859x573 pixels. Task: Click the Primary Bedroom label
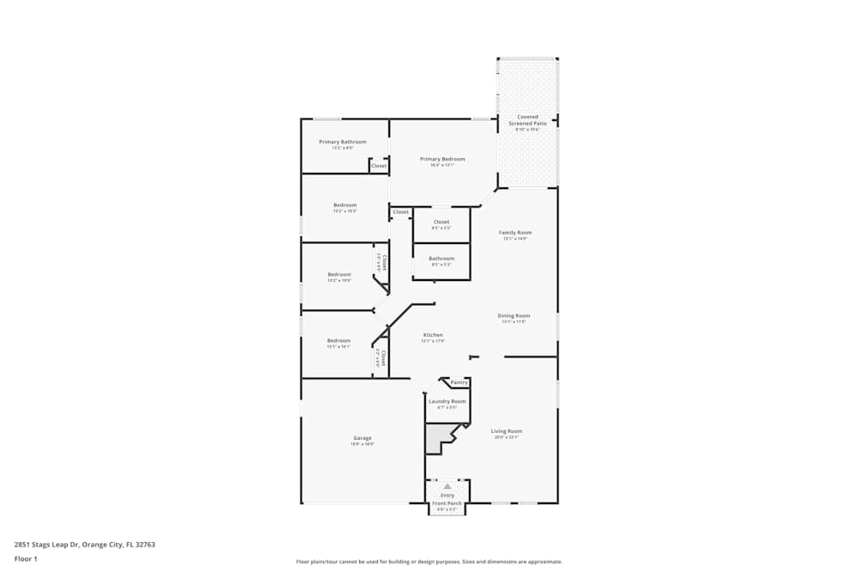442,159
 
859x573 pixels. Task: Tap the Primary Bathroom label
343,142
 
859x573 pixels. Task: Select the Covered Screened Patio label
527,120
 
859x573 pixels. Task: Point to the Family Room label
515,233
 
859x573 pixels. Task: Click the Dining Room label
514,315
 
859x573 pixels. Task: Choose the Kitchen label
433,335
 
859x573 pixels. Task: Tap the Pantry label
459,382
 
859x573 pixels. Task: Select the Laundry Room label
447,401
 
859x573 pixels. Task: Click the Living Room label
506,431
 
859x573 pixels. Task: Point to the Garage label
362,438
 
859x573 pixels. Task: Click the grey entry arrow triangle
447,486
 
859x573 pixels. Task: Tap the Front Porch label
447,503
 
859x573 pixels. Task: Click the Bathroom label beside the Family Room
442,259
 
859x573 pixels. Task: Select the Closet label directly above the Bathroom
442,222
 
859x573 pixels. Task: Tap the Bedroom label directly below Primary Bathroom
344,205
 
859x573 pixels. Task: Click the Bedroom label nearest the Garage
338,340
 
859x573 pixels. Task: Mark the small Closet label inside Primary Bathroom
379,166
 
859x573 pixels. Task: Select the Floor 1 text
26,558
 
